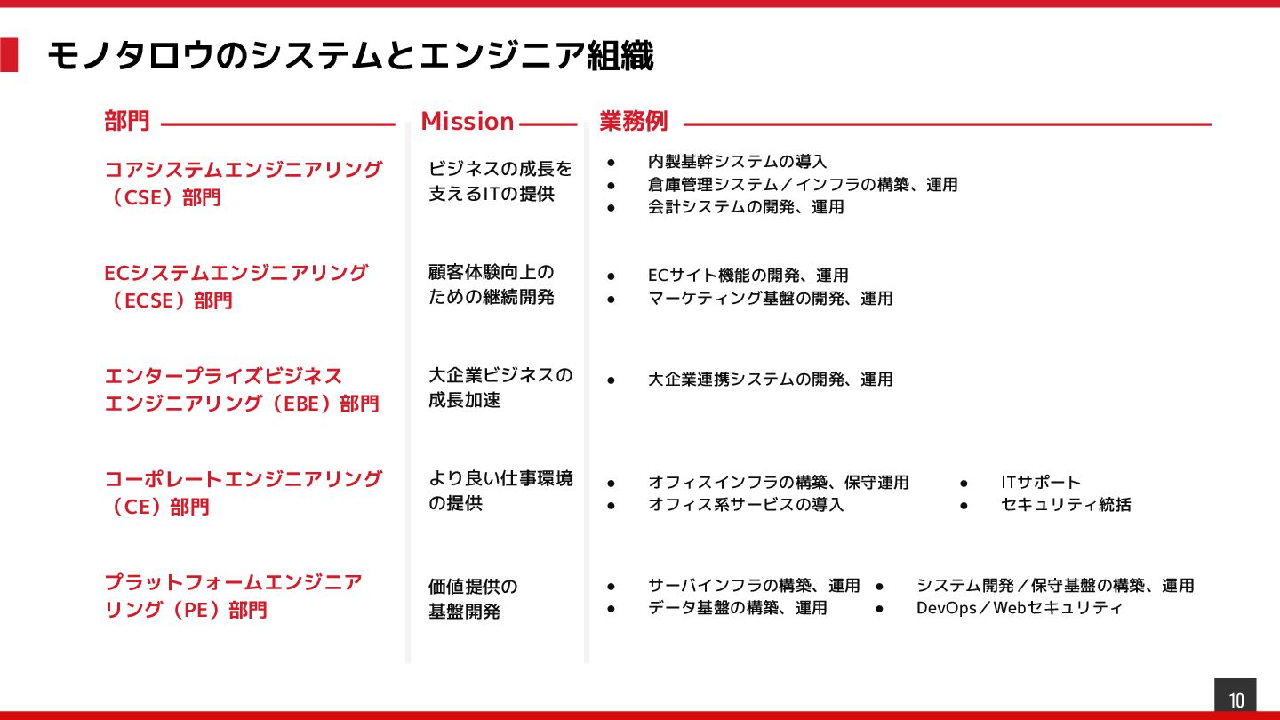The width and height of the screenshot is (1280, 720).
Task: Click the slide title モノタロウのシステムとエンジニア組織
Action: coord(349,56)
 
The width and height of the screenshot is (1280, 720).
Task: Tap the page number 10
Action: coord(1236,700)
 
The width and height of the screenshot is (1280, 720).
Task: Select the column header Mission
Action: coord(468,121)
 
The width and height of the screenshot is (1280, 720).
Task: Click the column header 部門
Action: coord(127,121)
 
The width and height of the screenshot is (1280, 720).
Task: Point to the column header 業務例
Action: coord(633,121)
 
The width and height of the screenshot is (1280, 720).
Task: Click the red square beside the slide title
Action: coord(9,55)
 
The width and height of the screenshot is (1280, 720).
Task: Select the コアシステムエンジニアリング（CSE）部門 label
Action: coord(243,182)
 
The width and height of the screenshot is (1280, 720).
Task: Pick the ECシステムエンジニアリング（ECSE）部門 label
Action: coord(236,286)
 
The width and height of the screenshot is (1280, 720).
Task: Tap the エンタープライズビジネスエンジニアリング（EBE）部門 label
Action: coord(242,389)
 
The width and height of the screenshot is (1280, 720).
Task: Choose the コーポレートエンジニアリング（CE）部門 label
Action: coord(243,492)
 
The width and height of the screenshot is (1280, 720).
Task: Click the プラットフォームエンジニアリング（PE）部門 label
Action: coord(234,596)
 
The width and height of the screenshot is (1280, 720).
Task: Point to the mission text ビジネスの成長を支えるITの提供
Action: coord(500,180)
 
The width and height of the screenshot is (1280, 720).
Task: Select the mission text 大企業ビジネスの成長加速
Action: coord(500,388)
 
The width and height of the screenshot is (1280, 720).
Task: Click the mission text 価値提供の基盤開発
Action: coord(473,598)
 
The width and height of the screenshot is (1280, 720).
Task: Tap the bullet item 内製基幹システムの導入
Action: coord(738,162)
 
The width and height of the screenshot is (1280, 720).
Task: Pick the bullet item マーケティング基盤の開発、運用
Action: coord(771,299)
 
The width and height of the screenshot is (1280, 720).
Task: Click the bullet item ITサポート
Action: coord(1041,483)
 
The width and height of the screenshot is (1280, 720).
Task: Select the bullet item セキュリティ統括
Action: coord(1066,505)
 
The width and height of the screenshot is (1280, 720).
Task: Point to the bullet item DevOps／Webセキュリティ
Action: coord(1020,608)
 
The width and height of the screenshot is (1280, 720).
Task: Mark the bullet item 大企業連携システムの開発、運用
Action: coord(771,380)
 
